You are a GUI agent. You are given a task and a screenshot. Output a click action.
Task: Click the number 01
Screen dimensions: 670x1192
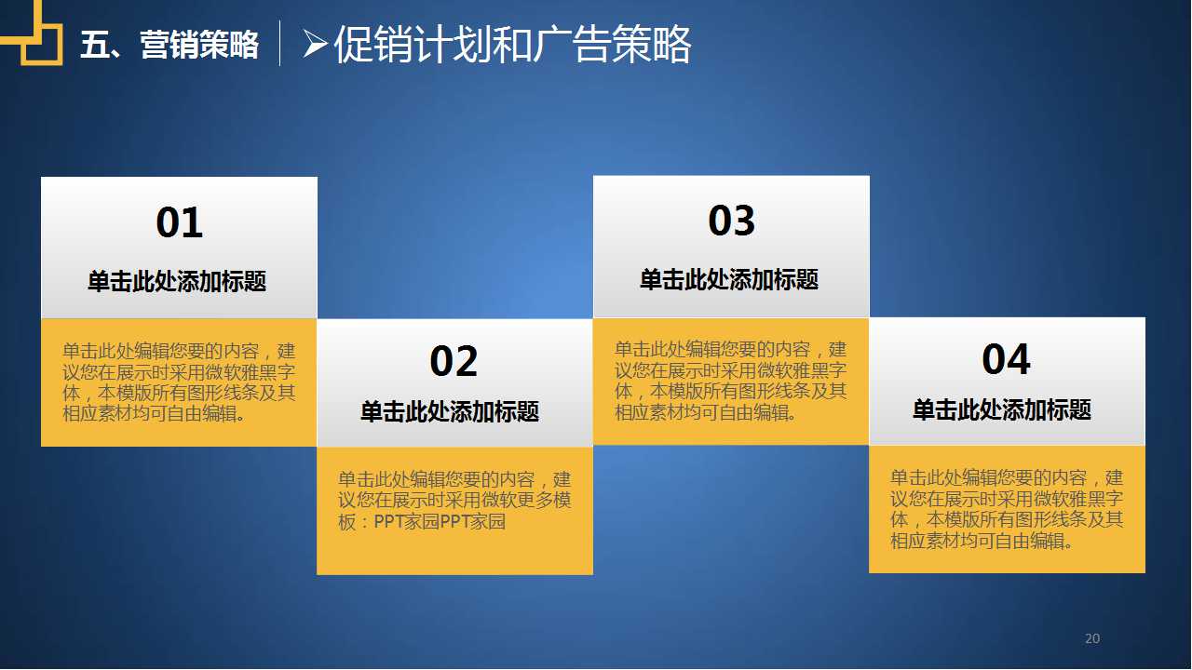(179, 223)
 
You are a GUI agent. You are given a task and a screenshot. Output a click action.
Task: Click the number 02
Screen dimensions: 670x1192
(454, 361)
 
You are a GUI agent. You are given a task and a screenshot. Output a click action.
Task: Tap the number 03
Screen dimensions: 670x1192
(731, 221)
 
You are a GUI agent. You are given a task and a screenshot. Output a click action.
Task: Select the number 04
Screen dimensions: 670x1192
(1006, 359)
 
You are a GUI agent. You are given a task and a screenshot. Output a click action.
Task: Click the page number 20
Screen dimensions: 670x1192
(1092, 638)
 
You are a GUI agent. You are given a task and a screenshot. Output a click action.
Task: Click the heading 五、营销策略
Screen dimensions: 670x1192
(169, 45)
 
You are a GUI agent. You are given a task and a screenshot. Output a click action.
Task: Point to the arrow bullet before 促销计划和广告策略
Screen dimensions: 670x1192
(315, 44)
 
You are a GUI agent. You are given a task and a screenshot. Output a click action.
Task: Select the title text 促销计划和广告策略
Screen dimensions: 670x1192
(512, 44)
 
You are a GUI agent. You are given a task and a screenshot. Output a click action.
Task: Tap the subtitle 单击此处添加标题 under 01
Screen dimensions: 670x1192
(177, 281)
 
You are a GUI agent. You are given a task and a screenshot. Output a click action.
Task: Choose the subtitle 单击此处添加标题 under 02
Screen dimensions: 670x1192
(450, 411)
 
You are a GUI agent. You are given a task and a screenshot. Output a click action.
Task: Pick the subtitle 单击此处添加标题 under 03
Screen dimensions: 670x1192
(729, 279)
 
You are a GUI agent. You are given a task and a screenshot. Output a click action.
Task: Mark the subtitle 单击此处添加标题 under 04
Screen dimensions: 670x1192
(1002, 409)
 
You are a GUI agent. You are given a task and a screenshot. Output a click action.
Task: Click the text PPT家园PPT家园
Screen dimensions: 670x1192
(440, 522)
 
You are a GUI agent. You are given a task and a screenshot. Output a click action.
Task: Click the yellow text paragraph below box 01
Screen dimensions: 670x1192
(179, 382)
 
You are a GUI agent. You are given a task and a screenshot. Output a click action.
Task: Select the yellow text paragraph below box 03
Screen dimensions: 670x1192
(730, 381)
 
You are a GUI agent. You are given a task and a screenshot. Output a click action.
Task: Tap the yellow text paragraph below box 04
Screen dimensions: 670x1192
(1006, 509)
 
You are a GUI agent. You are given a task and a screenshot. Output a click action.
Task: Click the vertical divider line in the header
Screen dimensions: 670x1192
(280, 44)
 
